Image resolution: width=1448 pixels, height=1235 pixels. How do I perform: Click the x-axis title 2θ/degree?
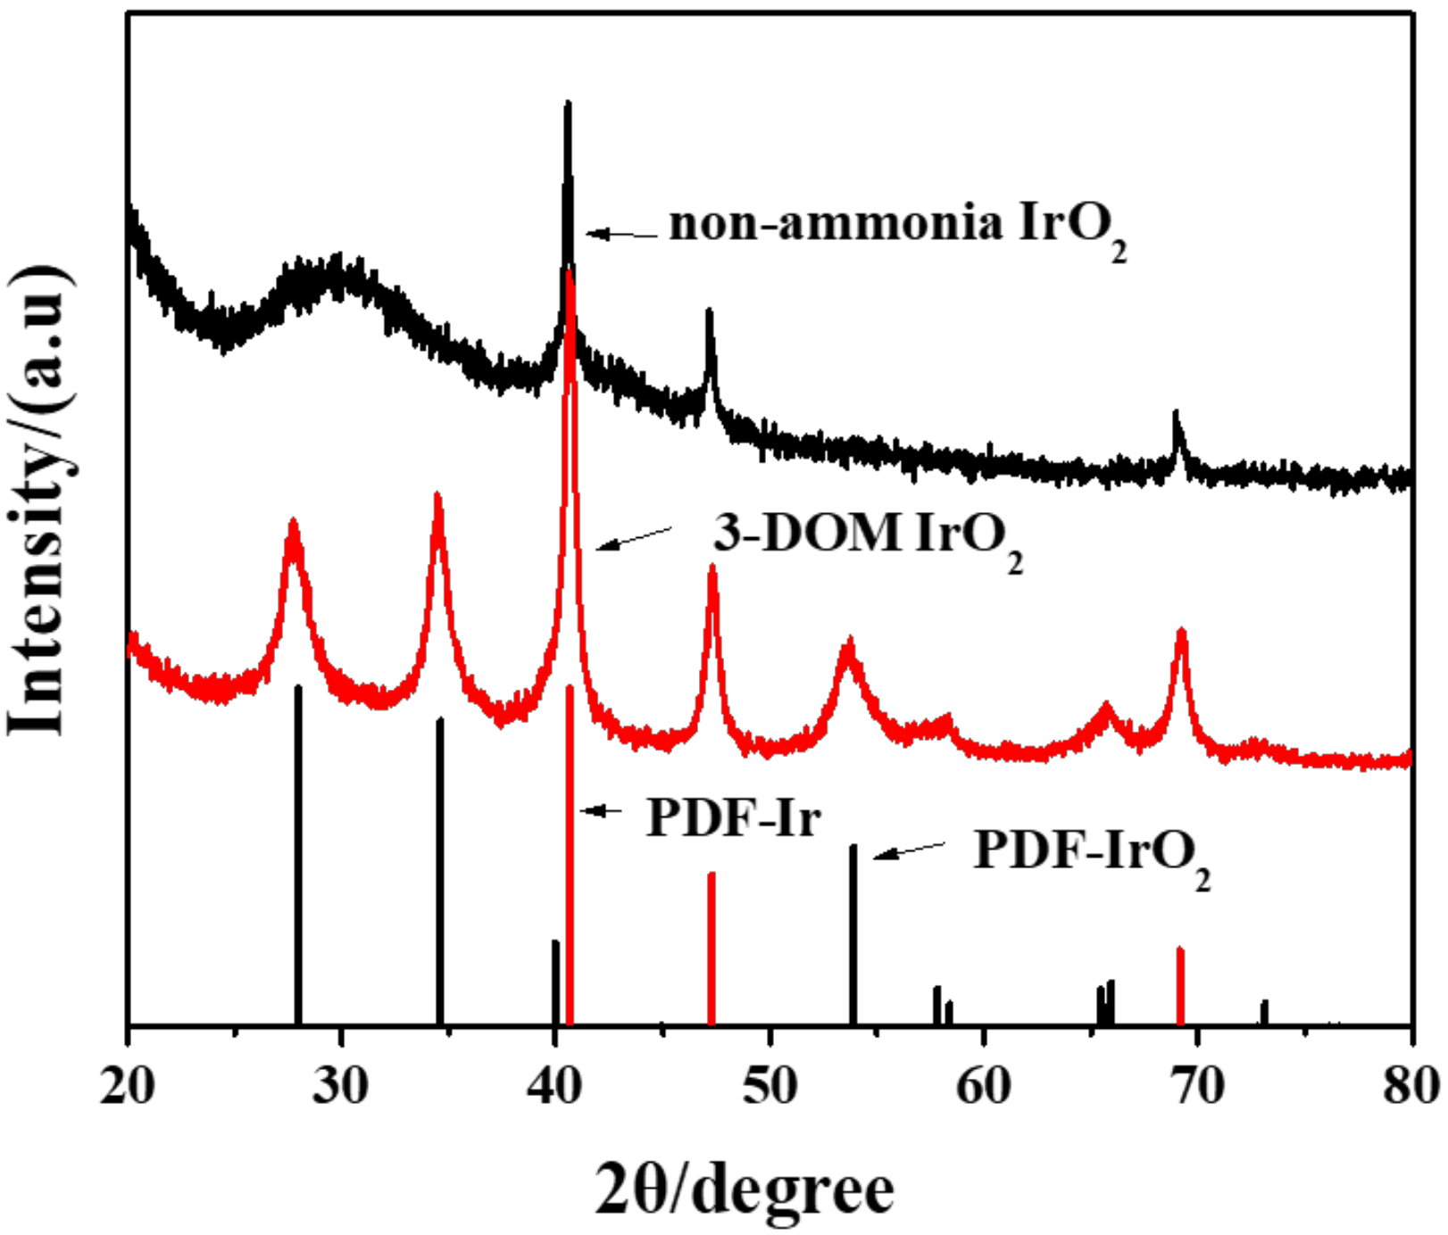pos(744,1189)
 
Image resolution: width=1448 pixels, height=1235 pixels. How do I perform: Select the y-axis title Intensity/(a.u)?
pos(40,500)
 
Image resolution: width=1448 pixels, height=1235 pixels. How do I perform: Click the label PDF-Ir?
pos(733,816)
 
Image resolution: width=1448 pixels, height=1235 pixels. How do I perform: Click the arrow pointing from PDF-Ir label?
pos(602,810)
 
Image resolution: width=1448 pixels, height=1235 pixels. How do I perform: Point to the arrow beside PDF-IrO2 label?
pos(908,850)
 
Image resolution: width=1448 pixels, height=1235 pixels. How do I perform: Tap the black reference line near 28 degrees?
pos(298,857)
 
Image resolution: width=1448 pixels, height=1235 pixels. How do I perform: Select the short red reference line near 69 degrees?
pos(1180,986)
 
